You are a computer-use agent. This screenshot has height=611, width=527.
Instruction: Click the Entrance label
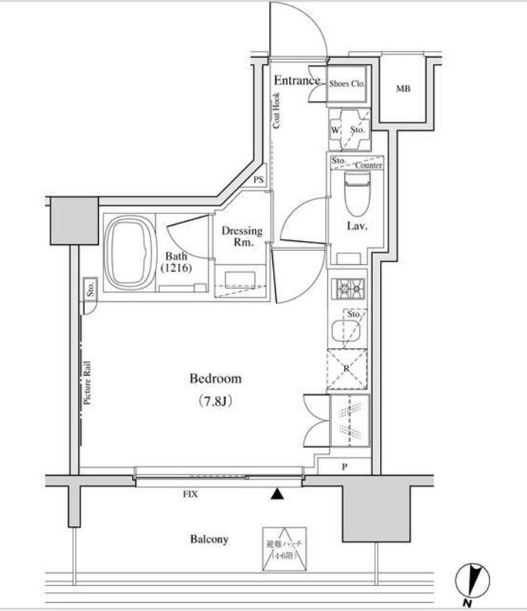point(297,80)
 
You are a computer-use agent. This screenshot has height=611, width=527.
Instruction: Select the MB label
point(402,90)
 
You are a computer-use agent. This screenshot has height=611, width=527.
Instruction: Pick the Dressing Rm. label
point(242,236)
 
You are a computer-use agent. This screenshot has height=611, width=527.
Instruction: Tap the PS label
point(258,179)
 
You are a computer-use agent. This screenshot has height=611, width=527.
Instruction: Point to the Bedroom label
point(216,379)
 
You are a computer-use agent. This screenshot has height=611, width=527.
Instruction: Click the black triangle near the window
point(278,494)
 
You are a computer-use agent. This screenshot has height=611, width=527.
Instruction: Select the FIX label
point(190,495)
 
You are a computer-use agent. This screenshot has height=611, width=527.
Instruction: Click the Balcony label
point(210,539)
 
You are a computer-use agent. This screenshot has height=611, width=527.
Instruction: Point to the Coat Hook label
point(276,111)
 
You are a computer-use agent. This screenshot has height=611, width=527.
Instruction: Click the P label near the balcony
point(345,467)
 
